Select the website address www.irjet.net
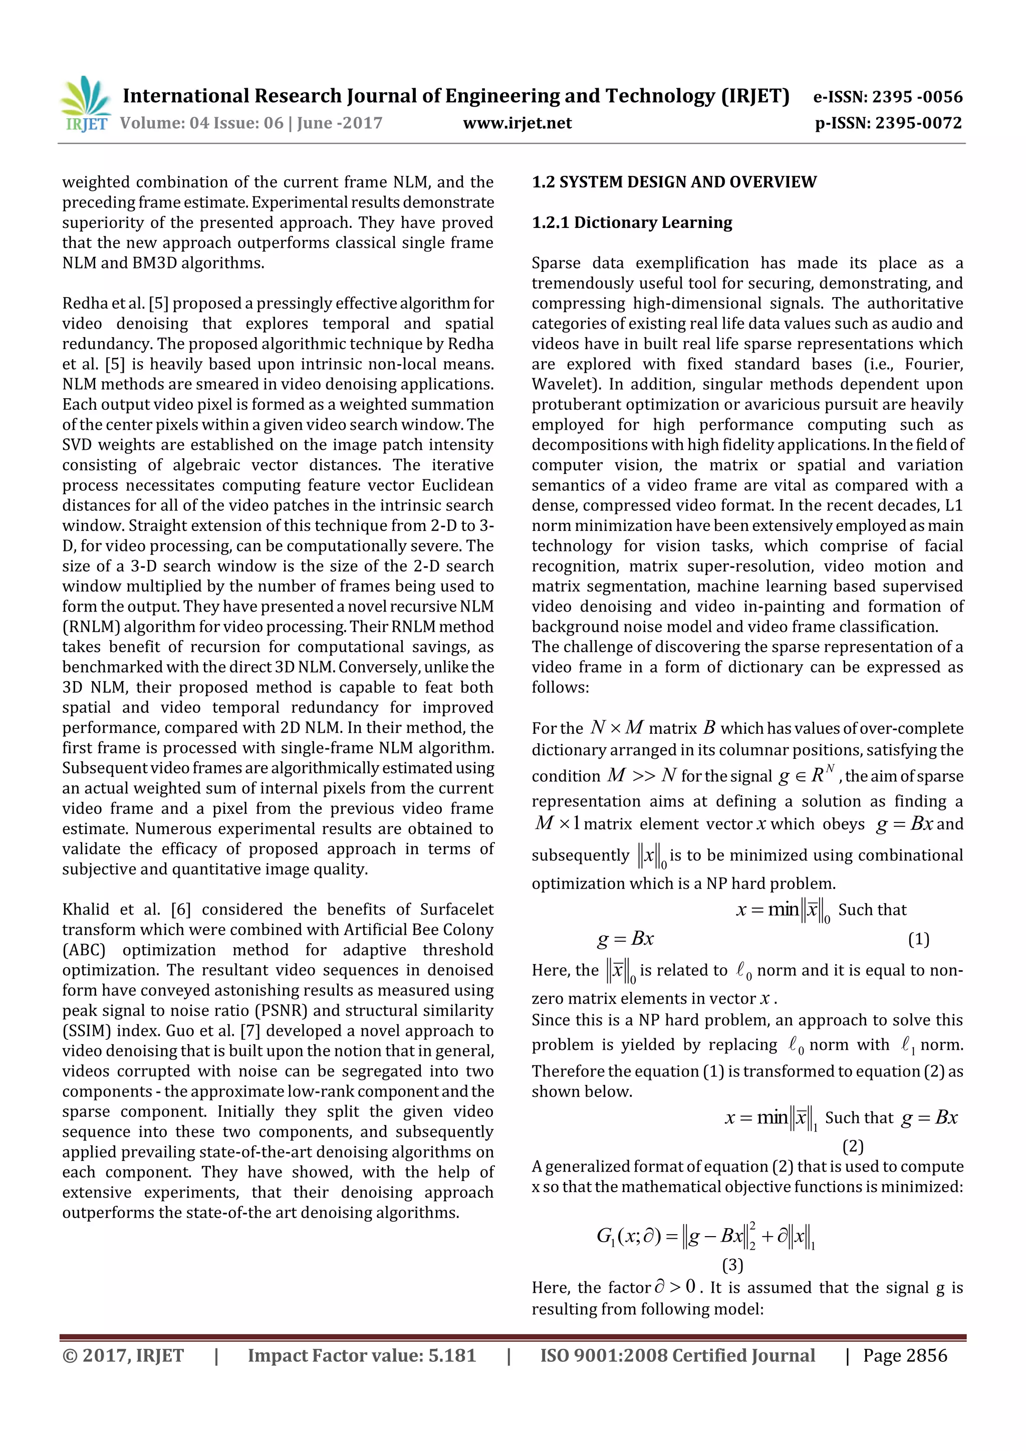(x=517, y=123)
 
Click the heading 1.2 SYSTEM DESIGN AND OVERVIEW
(x=674, y=182)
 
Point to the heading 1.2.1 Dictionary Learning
(x=632, y=222)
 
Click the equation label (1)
(x=918, y=939)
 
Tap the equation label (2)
(x=853, y=1146)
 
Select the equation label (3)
(x=732, y=1265)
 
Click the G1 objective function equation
(x=705, y=1236)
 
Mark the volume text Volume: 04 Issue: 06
(x=202, y=123)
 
